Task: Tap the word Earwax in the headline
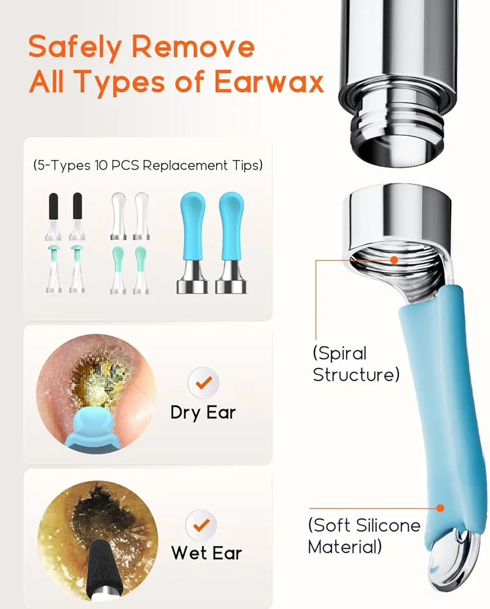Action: [269, 82]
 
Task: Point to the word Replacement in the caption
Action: [185, 166]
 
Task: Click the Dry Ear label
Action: [203, 413]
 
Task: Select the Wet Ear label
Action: [207, 553]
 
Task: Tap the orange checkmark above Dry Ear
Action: [204, 382]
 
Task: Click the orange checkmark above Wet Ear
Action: [201, 525]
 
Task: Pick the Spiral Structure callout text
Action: [356, 364]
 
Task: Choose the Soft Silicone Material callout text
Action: [364, 536]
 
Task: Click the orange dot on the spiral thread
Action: [394, 260]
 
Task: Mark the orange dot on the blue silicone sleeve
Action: [440, 508]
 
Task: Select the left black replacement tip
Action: [53, 216]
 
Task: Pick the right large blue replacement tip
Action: [231, 243]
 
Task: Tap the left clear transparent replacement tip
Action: [118, 216]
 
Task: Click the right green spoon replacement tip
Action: [141, 270]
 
